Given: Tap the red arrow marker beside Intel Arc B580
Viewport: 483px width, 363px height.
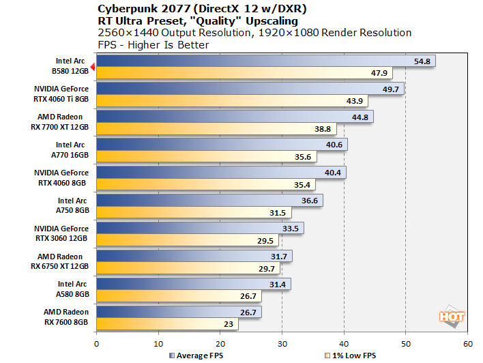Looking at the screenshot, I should (93, 65).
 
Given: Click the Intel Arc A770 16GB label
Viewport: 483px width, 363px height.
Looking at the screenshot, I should (70, 150).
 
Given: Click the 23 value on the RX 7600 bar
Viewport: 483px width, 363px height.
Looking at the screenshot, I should (228, 324).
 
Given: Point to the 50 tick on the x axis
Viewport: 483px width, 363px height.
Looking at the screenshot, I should (406, 345).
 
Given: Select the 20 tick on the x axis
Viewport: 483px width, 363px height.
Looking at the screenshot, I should (220, 345).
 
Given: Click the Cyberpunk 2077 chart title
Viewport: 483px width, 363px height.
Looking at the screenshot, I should (198, 8).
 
